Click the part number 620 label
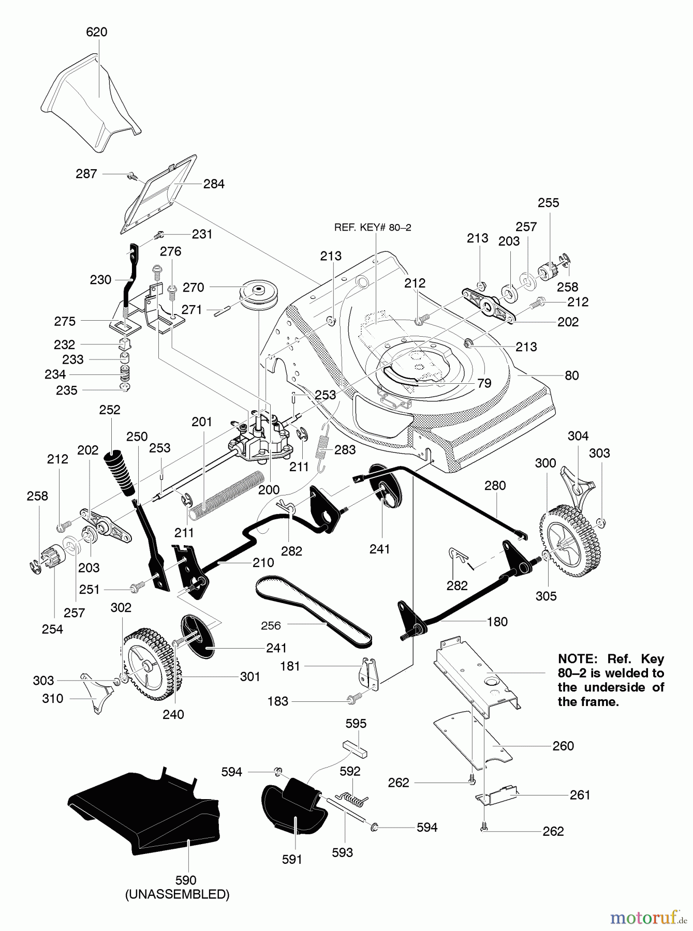[96, 32]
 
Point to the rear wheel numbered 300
[566, 536]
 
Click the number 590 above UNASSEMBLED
[186, 880]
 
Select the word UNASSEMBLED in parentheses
[178, 894]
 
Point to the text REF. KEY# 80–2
[373, 228]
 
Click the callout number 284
[214, 184]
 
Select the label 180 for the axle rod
[497, 622]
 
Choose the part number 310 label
[52, 698]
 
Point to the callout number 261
[580, 794]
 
